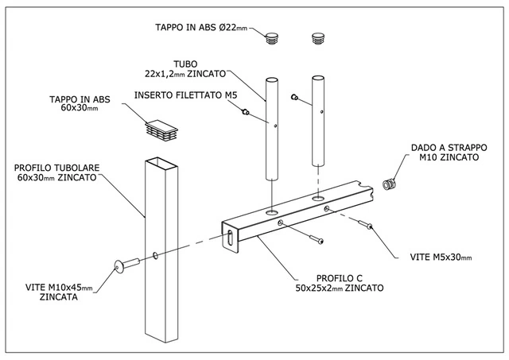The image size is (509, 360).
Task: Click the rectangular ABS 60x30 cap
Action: (161, 130)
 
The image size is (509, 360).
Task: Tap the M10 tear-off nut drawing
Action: (389, 184)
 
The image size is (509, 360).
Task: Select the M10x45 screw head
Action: (119, 267)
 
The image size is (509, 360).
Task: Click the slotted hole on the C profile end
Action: (230, 238)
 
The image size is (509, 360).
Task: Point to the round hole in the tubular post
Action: (156, 256)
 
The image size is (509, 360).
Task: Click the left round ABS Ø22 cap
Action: (272, 38)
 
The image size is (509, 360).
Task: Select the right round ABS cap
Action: (318, 38)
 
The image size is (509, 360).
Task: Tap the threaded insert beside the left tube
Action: (246, 112)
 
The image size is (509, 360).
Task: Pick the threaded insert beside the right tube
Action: (294, 97)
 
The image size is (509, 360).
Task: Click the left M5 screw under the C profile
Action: (317, 240)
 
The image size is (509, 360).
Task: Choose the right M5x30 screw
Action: (365, 224)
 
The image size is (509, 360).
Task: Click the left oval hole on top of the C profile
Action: (272, 212)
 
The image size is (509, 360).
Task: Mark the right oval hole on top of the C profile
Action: (318, 198)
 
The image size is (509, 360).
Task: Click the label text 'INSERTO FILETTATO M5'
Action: (185, 95)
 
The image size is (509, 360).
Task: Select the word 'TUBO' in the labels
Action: (185, 64)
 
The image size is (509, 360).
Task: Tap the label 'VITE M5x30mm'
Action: (441, 257)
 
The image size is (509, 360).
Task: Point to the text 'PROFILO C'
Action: (340, 278)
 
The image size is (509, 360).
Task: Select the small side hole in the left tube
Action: (275, 126)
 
